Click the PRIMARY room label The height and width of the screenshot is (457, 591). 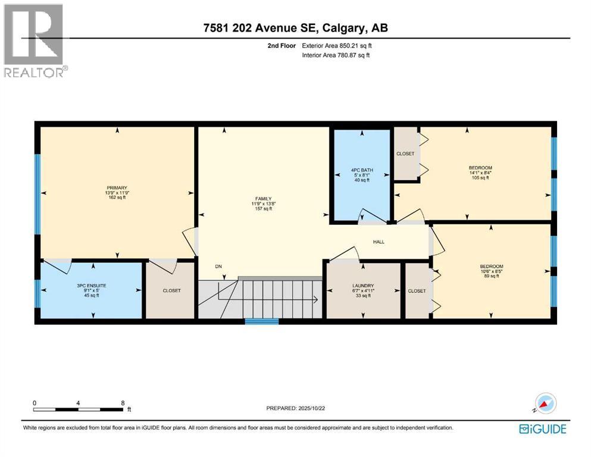click(x=117, y=187)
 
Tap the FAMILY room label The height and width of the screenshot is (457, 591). click(x=263, y=199)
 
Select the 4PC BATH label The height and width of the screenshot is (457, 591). click(x=361, y=170)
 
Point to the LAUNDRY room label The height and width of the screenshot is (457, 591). click(x=362, y=285)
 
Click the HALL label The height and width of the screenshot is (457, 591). click(x=379, y=242)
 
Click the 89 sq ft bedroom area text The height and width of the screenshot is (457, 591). click(x=491, y=276)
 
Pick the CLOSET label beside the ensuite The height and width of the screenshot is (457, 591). click(x=171, y=291)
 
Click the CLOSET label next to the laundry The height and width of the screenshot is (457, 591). click(x=417, y=291)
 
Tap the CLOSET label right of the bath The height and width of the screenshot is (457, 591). click(x=405, y=154)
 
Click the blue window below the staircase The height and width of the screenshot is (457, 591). click(x=262, y=321)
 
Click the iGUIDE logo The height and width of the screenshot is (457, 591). click(x=542, y=428)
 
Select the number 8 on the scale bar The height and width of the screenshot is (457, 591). click(x=123, y=402)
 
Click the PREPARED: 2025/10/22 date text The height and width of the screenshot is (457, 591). click(x=296, y=408)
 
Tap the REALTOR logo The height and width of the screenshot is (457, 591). click(x=35, y=41)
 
